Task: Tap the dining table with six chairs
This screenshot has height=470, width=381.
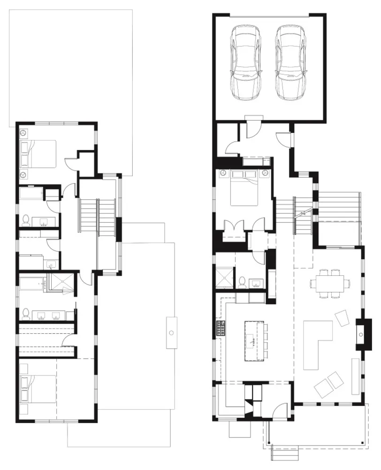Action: [x=329, y=283]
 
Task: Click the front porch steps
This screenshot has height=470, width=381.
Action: [x=285, y=454]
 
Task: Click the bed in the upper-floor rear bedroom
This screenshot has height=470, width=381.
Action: [x=38, y=153]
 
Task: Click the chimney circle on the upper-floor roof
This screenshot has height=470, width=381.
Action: [x=171, y=333]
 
